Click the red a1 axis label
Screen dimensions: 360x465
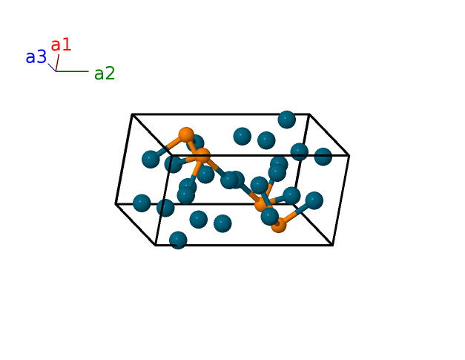pyautogui.click(x=61, y=45)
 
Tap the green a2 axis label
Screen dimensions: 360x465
pyautogui.click(x=105, y=73)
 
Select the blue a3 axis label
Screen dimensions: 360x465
pyautogui.click(x=36, y=57)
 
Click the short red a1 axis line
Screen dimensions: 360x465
pyautogui.click(x=57, y=62)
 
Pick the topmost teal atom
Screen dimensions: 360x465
pyautogui.click(x=287, y=120)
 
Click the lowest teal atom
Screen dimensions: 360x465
pyautogui.click(x=178, y=240)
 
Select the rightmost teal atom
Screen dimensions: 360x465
pyautogui.click(x=323, y=157)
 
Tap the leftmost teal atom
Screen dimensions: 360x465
pyautogui.click(x=142, y=203)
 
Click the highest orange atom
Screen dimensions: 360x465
pyautogui.click(x=186, y=136)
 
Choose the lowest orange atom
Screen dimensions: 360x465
pyautogui.click(x=278, y=224)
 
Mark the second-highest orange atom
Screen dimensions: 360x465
pyautogui.click(x=202, y=156)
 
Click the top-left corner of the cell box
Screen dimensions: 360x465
pyautogui.click(x=132, y=114)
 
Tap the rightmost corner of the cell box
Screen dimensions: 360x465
pyautogui.click(x=349, y=155)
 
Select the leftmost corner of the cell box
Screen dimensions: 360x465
pyautogui.click(x=116, y=203)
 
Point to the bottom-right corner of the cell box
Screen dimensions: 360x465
pyautogui.click(x=332, y=244)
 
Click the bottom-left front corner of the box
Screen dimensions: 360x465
pyautogui.click(x=156, y=244)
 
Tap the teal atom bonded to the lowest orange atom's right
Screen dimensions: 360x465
pyautogui.click(x=314, y=200)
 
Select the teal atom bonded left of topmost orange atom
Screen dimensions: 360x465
pyautogui.click(x=151, y=159)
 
